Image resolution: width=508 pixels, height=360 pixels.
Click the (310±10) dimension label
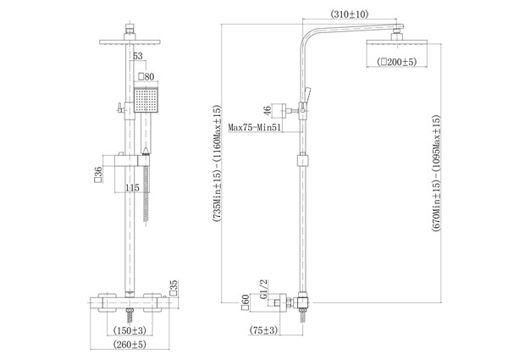coord(349,14)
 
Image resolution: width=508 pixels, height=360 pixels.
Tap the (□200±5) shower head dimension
coord(397,62)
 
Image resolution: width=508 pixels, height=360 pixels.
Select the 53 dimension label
coord(138,56)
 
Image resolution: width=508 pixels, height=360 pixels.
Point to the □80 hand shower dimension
coord(146,77)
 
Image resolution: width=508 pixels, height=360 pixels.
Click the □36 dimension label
coord(98,174)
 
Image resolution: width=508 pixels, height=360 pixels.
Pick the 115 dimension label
coord(132,188)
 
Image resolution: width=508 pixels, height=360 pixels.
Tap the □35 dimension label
coord(174,288)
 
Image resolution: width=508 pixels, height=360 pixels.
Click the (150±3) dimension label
coord(130,330)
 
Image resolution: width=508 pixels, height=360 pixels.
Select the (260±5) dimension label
coord(130,344)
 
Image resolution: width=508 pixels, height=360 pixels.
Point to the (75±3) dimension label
coord(263,330)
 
